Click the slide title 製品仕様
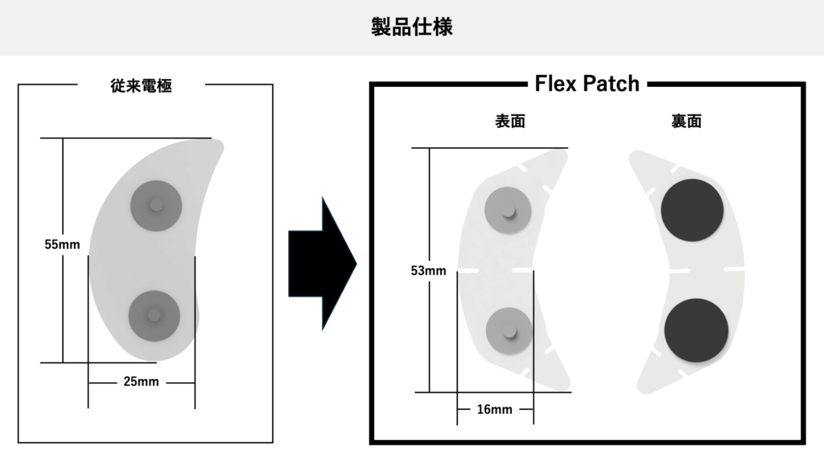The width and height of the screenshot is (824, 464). click(411, 27)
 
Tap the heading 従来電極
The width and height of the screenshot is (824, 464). click(142, 85)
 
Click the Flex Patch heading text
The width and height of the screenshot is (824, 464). click(587, 83)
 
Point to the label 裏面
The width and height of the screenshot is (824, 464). click(686, 122)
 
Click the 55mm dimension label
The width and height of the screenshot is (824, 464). click(62, 244)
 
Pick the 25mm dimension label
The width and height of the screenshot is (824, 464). click(142, 381)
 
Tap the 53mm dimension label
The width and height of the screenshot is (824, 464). click(428, 271)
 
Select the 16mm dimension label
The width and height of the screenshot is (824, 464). click(494, 409)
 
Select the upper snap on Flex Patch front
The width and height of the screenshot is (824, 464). click(508, 211)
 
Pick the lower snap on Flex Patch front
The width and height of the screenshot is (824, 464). click(508, 330)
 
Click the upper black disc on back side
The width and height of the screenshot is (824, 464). click(692, 209)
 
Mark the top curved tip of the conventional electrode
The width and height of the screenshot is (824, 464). click(219, 145)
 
